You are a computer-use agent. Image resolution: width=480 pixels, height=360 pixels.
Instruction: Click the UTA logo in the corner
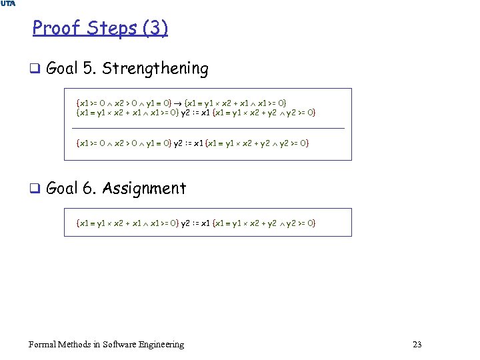(x=8, y=4)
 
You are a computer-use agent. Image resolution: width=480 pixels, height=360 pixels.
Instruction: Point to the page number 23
(x=417, y=345)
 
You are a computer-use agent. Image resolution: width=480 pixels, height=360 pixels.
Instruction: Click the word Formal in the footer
(x=43, y=345)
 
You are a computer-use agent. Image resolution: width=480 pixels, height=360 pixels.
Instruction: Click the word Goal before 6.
(x=63, y=189)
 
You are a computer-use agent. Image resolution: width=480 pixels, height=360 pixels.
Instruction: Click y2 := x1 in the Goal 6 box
(x=195, y=223)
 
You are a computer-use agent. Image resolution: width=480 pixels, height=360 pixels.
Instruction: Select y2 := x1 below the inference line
(x=188, y=143)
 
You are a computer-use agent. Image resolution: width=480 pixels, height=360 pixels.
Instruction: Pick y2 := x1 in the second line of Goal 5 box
(x=195, y=113)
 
